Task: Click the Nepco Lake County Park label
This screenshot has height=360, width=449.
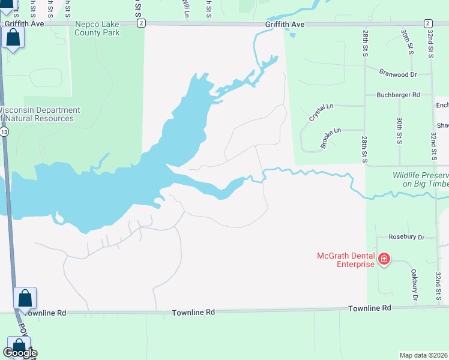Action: (97, 28)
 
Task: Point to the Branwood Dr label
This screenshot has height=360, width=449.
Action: (398, 74)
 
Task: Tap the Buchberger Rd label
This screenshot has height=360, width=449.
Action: (398, 95)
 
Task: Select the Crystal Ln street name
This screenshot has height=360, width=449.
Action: (321, 111)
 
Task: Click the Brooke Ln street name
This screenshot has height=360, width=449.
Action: (330, 137)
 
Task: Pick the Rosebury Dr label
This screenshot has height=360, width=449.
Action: (406, 237)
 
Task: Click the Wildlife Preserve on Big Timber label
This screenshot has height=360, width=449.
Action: (420, 179)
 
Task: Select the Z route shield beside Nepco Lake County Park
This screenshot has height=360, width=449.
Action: (141, 23)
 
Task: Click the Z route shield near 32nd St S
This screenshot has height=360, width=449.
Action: (427, 23)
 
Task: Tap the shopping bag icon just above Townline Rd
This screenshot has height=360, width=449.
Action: (25, 298)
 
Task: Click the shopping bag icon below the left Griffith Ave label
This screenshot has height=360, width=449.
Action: (13, 38)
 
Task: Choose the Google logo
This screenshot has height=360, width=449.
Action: (19, 353)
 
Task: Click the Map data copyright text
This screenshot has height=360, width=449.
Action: (423, 355)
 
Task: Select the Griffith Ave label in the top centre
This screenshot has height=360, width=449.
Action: (286, 24)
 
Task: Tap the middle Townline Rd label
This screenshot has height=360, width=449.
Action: (193, 313)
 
